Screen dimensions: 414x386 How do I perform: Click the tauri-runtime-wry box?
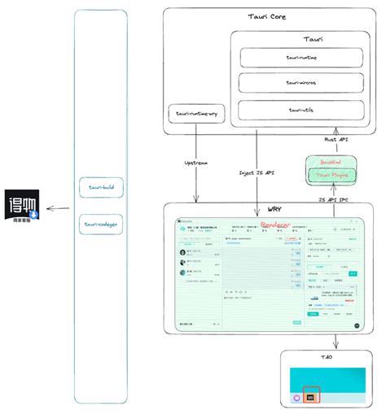(195, 115)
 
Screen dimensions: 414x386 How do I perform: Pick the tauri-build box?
(101, 188)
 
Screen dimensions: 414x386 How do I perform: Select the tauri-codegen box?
(101, 222)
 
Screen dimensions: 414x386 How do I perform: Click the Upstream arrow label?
(196, 163)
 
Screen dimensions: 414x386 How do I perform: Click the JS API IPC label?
(334, 198)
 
